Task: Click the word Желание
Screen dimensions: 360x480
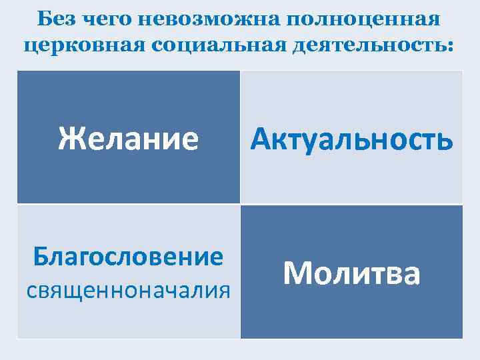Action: click(x=128, y=139)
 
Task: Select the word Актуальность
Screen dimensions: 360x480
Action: click(x=351, y=139)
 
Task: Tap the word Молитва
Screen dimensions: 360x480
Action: click(x=351, y=273)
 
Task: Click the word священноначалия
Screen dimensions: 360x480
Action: click(x=128, y=291)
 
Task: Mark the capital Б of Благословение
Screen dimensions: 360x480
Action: click(x=41, y=257)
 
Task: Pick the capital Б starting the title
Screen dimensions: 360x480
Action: click(x=45, y=19)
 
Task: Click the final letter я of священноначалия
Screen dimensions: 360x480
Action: click(x=225, y=291)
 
